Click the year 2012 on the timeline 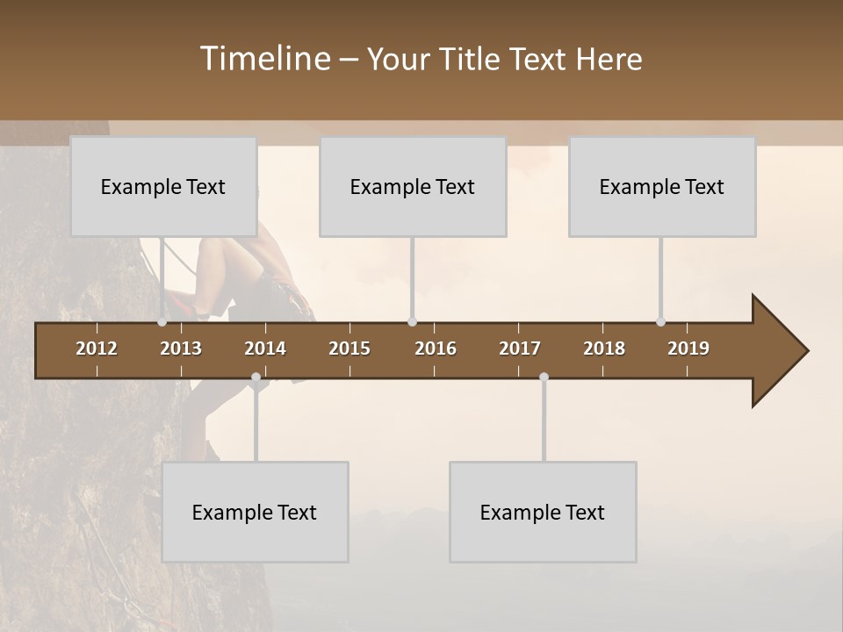point(97,348)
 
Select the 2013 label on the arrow point(181,348)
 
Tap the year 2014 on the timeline point(265,348)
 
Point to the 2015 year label point(349,348)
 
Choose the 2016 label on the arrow point(436,348)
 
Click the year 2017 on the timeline point(520,348)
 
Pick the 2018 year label point(604,348)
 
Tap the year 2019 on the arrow point(688,348)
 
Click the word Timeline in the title point(264,59)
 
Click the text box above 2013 point(163,187)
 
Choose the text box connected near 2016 point(413,187)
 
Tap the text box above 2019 point(662,187)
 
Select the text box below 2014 point(255,513)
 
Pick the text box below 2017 point(543,513)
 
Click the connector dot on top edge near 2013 point(162,322)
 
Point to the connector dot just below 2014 point(256,377)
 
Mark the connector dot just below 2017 point(544,377)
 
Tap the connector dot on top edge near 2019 point(661,322)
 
